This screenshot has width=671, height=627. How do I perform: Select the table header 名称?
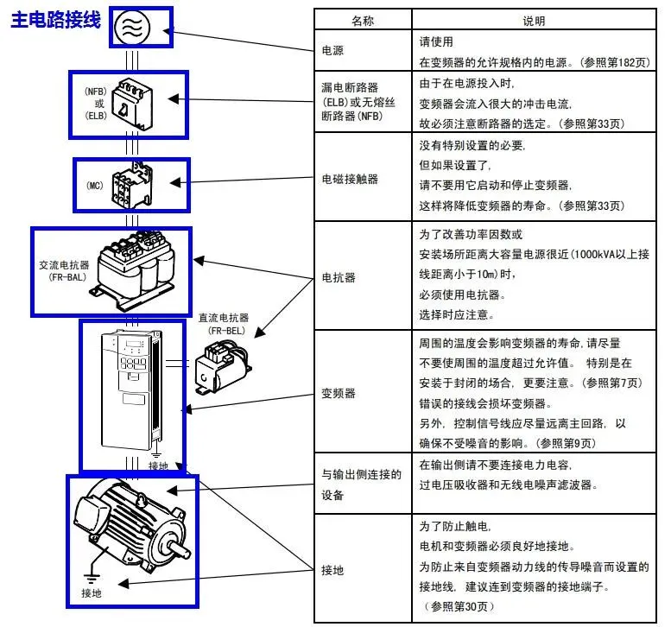363,20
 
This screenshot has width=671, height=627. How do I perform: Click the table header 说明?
535,20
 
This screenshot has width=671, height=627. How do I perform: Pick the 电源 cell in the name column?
332,50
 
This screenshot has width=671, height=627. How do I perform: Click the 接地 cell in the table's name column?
332,570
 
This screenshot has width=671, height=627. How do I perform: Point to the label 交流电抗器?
63,266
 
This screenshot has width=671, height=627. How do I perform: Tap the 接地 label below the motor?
91,594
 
